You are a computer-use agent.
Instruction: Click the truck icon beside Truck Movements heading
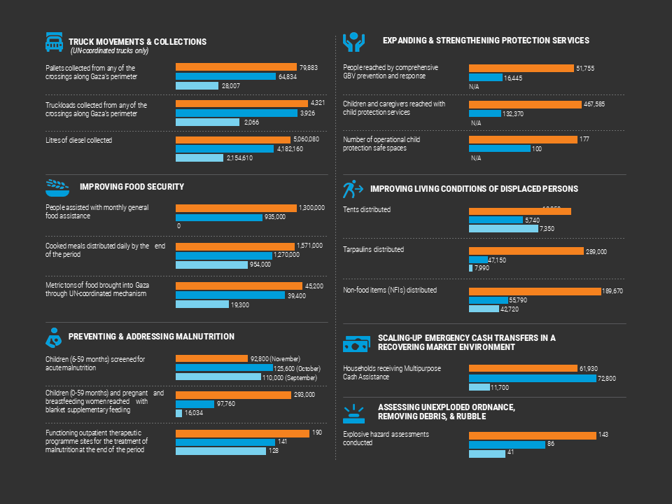tap(54, 42)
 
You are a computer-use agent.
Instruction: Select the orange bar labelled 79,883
tap(236, 67)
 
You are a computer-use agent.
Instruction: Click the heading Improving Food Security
tap(132, 187)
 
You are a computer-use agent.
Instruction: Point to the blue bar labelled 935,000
tap(218, 217)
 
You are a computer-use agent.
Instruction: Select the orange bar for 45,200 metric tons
tap(239, 286)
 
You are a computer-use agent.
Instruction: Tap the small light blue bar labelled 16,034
tap(178, 413)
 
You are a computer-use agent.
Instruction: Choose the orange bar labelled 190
tap(241, 433)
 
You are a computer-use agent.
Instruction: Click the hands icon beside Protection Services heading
tap(353, 42)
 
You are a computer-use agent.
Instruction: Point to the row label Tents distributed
tap(367, 209)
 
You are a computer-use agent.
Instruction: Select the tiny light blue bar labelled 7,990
tap(470, 267)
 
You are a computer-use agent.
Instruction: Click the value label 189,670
tap(612, 291)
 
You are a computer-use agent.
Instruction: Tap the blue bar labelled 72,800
tap(532, 378)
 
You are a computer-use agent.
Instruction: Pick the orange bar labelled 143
tap(532, 435)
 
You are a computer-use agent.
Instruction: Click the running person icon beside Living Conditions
tap(352, 189)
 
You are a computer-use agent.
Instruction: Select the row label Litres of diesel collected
tap(78, 140)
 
